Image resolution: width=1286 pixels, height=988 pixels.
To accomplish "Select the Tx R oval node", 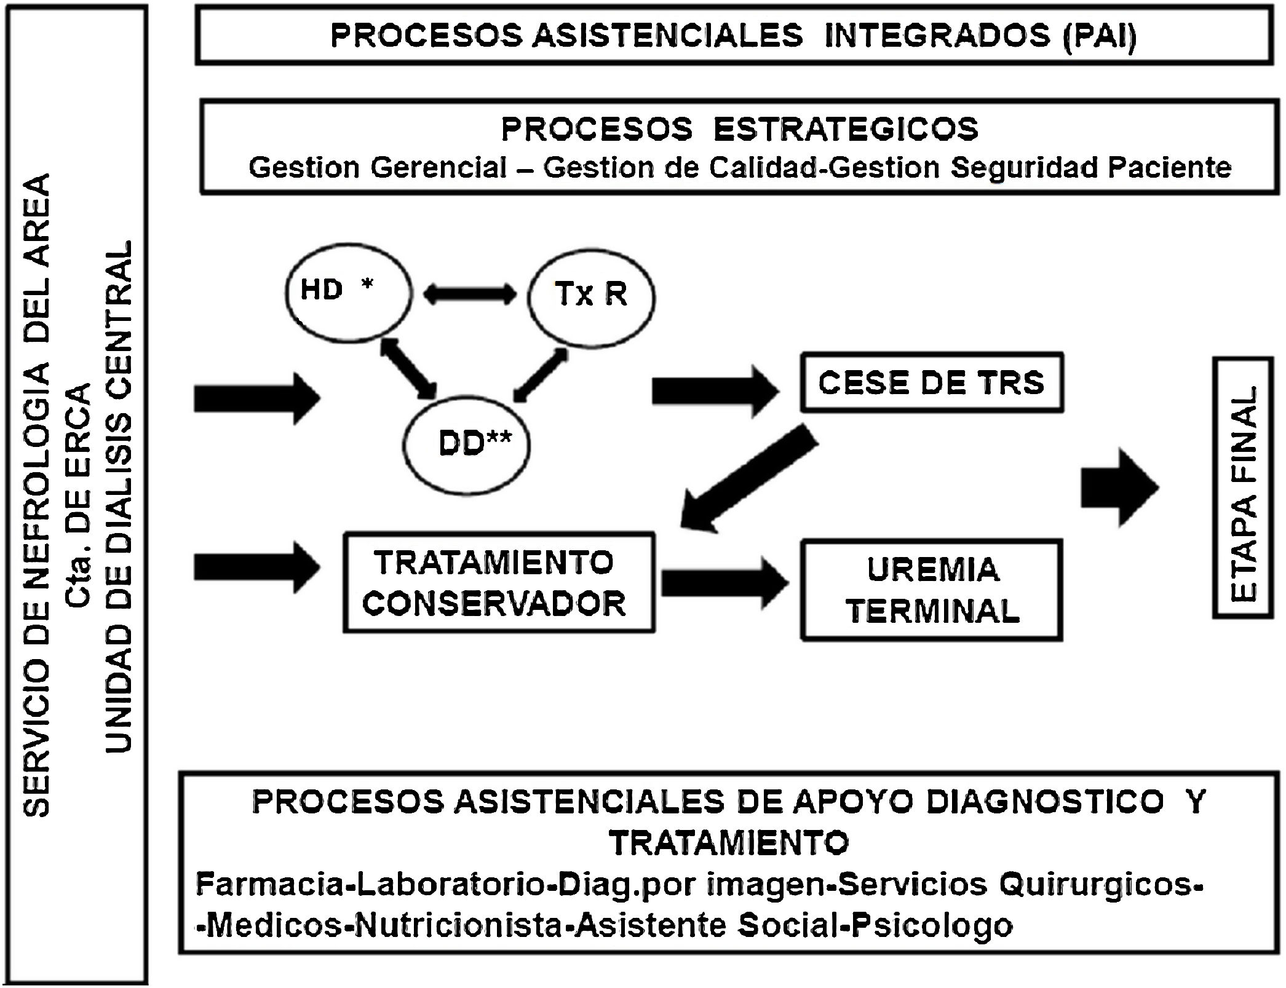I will tap(591, 297).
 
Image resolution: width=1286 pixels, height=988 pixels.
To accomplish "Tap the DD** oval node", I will tap(467, 446).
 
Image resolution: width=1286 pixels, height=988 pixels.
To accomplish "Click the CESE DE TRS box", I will tap(931, 382).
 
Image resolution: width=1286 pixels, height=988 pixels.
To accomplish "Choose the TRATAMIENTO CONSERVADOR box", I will tap(499, 583).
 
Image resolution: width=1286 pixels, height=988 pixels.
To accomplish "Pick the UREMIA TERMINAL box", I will tap(931, 590).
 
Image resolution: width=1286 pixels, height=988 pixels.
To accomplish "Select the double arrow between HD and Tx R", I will tap(470, 294).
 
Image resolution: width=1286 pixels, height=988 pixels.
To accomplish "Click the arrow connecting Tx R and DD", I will tap(541, 375).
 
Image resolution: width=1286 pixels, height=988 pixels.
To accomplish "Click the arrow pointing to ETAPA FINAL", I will tap(1119, 488).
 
